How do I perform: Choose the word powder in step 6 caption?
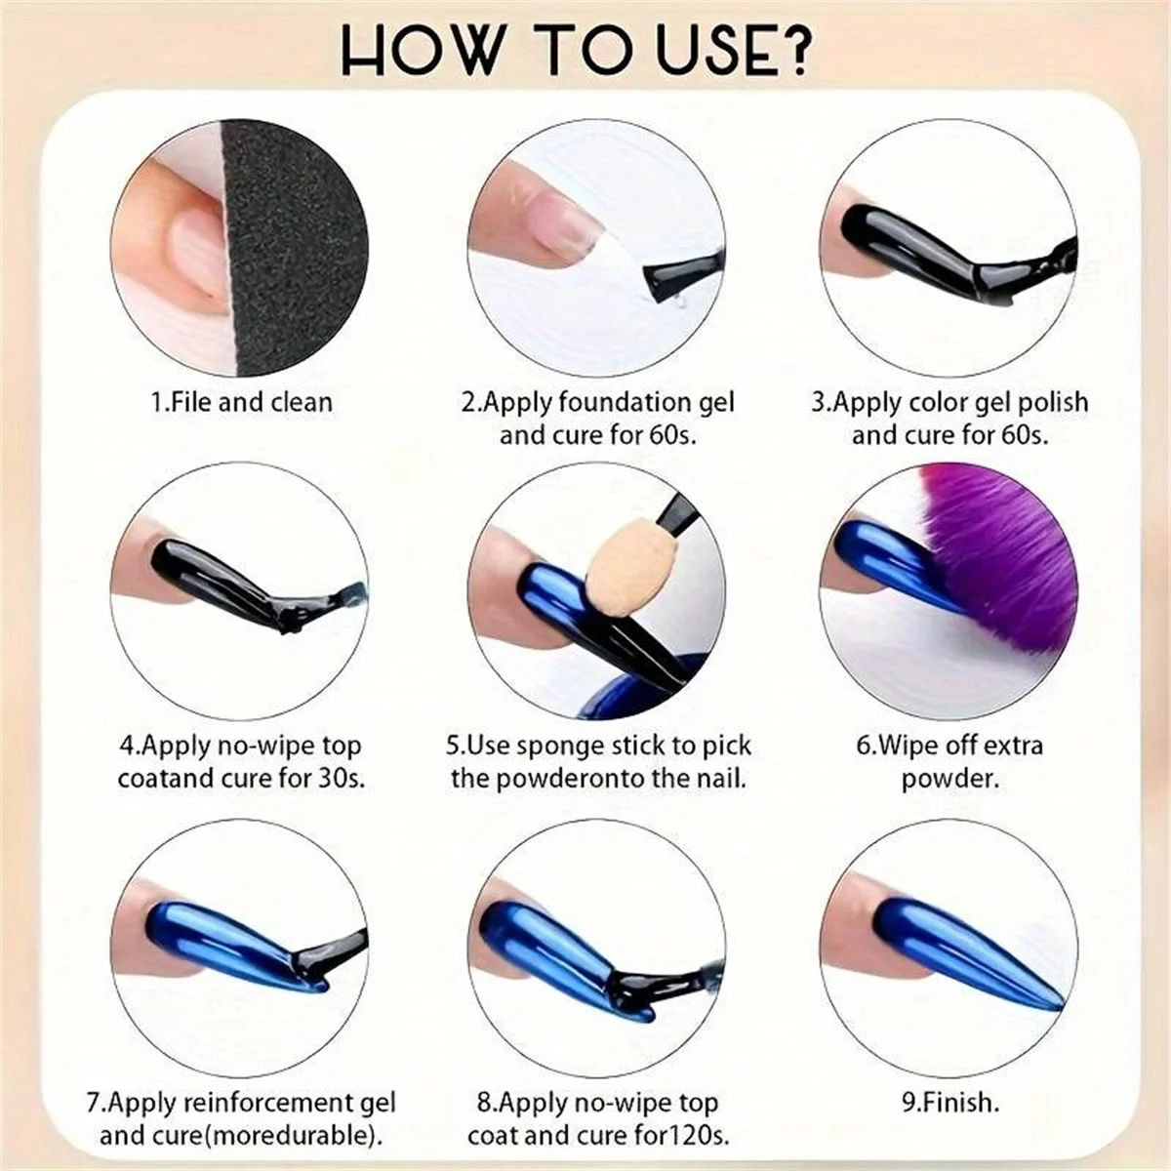coord(950,779)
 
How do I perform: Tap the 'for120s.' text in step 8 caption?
coord(682,1136)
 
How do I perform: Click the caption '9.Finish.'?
coord(950,1104)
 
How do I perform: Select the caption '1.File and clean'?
coord(241,402)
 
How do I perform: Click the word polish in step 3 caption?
coord(1050,402)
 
